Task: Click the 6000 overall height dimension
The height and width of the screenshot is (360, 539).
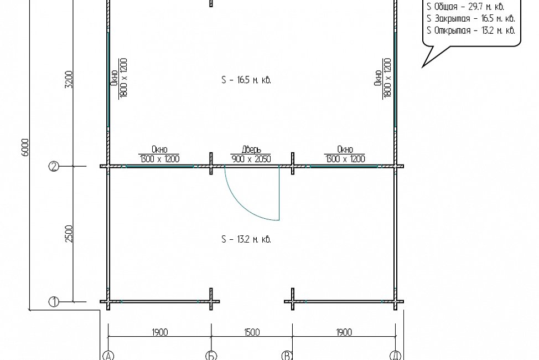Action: (25, 148)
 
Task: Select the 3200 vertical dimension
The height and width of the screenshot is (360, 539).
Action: (69, 80)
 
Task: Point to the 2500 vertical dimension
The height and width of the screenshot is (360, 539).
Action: (69, 234)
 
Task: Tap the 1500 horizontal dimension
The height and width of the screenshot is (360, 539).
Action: (252, 332)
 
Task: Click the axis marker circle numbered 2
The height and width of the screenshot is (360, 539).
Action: (54, 167)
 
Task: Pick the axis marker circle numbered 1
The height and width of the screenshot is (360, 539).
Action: (54, 302)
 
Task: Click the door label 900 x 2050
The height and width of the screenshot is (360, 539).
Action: (251, 158)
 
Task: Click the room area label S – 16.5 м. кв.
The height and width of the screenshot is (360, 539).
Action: (246, 80)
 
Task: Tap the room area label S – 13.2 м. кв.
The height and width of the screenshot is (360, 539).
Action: (246, 239)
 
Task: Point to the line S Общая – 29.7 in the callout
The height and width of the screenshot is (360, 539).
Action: (465, 7)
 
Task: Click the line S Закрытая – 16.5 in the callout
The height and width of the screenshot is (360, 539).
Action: (471, 18)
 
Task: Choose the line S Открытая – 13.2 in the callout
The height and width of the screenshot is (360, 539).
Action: (471, 30)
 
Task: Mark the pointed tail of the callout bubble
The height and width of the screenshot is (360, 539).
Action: (422, 67)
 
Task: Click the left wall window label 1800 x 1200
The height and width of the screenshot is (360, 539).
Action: (123, 78)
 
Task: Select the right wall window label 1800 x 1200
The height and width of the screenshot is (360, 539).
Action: (387, 78)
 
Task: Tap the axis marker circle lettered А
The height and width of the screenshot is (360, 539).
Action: (108, 356)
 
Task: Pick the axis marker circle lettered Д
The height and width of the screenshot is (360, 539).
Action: (396, 356)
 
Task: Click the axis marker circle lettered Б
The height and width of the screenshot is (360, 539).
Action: (211, 356)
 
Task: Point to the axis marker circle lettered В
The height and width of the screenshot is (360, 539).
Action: (287, 356)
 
